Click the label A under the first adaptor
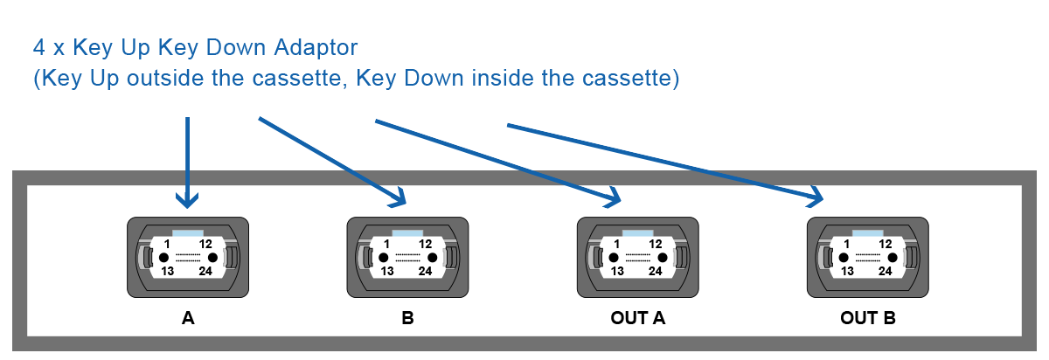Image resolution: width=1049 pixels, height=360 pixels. tap(188, 318)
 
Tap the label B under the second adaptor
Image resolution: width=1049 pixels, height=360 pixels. tap(407, 318)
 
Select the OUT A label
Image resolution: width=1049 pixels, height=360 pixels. tap(637, 318)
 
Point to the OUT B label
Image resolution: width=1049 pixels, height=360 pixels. tap(868, 318)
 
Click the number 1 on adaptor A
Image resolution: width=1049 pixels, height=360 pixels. tap(167, 244)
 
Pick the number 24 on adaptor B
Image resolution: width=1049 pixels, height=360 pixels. tap(425, 271)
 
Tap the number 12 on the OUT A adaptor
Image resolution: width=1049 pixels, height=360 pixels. tap(655, 244)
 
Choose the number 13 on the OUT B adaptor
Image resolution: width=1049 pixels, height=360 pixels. tap(847, 271)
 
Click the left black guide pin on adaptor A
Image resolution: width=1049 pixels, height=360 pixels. tap(164, 258)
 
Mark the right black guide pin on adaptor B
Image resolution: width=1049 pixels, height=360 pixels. tap(432, 258)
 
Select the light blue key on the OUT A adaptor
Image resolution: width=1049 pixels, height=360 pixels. tap(637, 233)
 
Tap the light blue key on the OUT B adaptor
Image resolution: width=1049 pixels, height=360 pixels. tap(867, 233)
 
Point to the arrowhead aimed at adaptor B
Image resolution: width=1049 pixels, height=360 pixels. tap(399, 198)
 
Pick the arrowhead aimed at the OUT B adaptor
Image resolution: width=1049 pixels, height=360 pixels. tap(816, 197)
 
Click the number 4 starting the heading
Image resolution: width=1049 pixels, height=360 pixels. tap(38, 47)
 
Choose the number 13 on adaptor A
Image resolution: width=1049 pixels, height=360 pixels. tap(168, 271)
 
